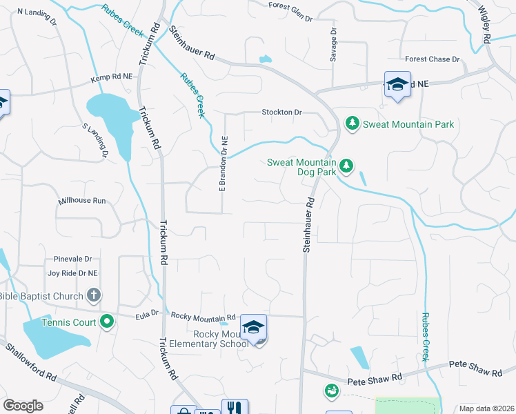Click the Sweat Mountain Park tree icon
click(353, 124)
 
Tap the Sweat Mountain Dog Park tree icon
click(346, 166)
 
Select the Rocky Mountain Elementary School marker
click(253, 328)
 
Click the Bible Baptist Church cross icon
click(95, 296)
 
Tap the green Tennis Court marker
click(106, 322)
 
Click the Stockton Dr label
click(281, 112)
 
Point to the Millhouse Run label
click(82, 201)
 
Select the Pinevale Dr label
click(73, 259)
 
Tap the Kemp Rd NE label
click(111, 81)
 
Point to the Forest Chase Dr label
click(433, 60)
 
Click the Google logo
click(23, 406)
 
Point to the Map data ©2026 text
click(486, 408)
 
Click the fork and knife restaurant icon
click(235, 408)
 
